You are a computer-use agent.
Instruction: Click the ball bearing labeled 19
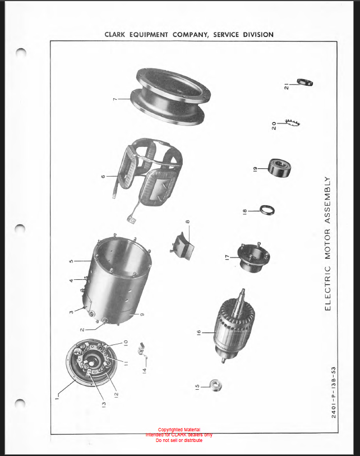(279, 168)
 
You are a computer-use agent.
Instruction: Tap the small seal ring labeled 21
(304, 82)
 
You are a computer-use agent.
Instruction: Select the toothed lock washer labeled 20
(293, 123)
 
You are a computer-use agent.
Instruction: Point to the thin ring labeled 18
(267, 210)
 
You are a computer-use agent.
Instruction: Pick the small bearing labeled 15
(215, 385)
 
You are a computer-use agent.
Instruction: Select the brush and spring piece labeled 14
(142, 349)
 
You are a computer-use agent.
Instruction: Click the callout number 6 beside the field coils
(103, 176)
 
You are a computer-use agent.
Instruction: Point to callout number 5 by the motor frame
(71, 261)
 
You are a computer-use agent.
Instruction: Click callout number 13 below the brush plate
(104, 404)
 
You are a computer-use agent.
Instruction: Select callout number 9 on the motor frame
(142, 314)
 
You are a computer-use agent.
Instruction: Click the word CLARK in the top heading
(115, 35)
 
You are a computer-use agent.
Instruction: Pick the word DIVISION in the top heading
(258, 35)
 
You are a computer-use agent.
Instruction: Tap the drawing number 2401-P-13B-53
(333, 392)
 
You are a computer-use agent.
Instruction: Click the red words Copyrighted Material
(179, 430)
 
